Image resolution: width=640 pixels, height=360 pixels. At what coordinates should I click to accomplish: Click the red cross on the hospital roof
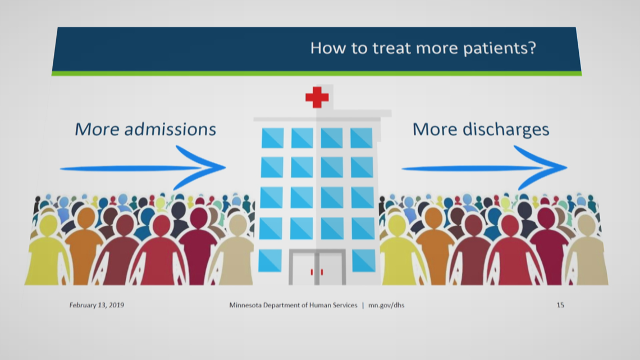point(317,97)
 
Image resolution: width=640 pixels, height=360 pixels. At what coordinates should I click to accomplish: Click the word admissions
point(170,129)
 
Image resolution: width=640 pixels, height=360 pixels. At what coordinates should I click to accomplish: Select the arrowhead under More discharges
point(542,167)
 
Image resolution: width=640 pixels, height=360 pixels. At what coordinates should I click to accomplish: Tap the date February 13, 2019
point(97,305)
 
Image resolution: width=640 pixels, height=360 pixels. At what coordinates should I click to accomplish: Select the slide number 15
point(560,305)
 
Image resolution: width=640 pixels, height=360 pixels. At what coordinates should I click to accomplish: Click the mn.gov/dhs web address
point(386,305)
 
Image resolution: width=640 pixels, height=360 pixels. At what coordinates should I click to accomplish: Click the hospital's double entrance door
point(317,267)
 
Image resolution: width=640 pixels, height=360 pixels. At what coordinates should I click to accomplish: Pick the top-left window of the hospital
point(273,138)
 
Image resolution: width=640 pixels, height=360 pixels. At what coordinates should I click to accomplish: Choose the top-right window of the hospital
point(361,138)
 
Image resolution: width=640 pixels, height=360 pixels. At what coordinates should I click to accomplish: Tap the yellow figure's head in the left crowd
point(49,225)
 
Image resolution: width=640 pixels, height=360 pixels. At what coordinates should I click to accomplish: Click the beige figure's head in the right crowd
point(587,224)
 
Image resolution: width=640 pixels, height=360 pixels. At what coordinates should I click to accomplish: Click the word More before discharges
point(435,129)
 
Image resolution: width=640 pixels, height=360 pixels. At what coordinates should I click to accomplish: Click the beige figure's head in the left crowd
point(237,224)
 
